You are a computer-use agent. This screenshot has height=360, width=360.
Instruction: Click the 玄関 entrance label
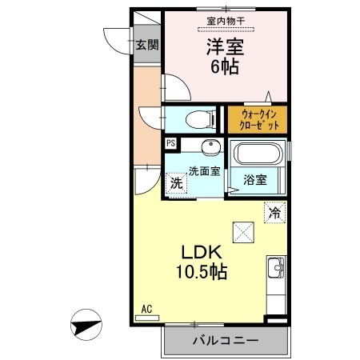point(146,45)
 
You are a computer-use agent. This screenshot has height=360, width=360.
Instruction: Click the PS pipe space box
point(170,144)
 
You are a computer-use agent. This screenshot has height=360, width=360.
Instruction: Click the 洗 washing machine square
point(176,182)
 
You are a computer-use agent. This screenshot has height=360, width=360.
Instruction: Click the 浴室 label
point(256,179)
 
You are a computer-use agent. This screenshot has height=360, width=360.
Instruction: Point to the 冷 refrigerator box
point(274,213)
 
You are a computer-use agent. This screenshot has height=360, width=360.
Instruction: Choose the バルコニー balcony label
point(225,341)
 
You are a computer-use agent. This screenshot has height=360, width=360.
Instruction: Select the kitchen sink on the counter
point(275,268)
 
